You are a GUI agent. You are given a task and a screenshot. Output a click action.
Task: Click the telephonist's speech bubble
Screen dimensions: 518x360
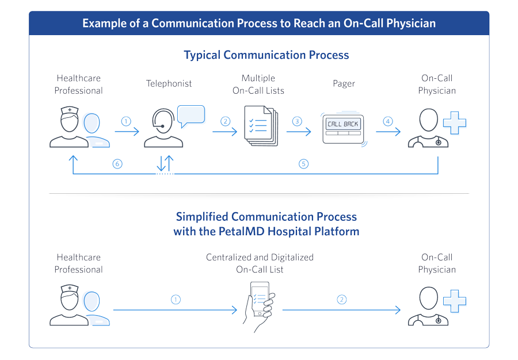(x=191, y=115)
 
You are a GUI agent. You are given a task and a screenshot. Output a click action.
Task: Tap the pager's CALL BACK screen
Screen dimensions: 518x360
(x=343, y=124)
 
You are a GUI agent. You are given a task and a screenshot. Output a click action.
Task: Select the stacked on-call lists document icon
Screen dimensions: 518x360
(x=261, y=126)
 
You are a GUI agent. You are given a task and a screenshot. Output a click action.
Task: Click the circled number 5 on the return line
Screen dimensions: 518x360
(x=303, y=164)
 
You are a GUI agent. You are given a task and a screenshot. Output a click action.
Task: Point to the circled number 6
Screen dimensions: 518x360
(x=117, y=164)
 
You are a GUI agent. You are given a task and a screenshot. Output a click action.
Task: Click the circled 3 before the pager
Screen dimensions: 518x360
(x=297, y=121)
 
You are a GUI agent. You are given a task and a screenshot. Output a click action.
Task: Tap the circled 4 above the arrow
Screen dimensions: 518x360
(x=388, y=121)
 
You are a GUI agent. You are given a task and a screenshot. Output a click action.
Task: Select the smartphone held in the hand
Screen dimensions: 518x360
(x=260, y=298)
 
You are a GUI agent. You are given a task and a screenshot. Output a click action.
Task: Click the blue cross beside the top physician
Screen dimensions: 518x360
(x=455, y=122)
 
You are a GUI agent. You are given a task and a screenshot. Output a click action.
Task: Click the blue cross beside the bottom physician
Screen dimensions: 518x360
(x=455, y=301)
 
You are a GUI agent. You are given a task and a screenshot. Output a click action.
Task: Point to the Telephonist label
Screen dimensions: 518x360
(x=169, y=83)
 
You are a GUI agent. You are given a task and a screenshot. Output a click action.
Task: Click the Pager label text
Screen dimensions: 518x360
(x=344, y=84)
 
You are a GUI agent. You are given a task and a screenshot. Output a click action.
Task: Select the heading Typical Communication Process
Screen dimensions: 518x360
(x=266, y=55)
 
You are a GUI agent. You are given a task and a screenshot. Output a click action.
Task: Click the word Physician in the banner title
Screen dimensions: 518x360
(x=411, y=23)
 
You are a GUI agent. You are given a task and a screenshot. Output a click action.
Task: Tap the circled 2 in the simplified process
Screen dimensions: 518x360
(x=341, y=300)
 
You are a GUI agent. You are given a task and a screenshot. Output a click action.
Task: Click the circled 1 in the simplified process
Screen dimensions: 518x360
(x=176, y=300)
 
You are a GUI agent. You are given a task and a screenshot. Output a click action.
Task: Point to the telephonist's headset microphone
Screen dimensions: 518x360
(x=162, y=126)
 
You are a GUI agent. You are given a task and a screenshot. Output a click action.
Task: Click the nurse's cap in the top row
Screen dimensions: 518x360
(x=70, y=110)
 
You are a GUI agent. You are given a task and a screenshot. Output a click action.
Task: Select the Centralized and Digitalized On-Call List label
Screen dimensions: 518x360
(x=260, y=263)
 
